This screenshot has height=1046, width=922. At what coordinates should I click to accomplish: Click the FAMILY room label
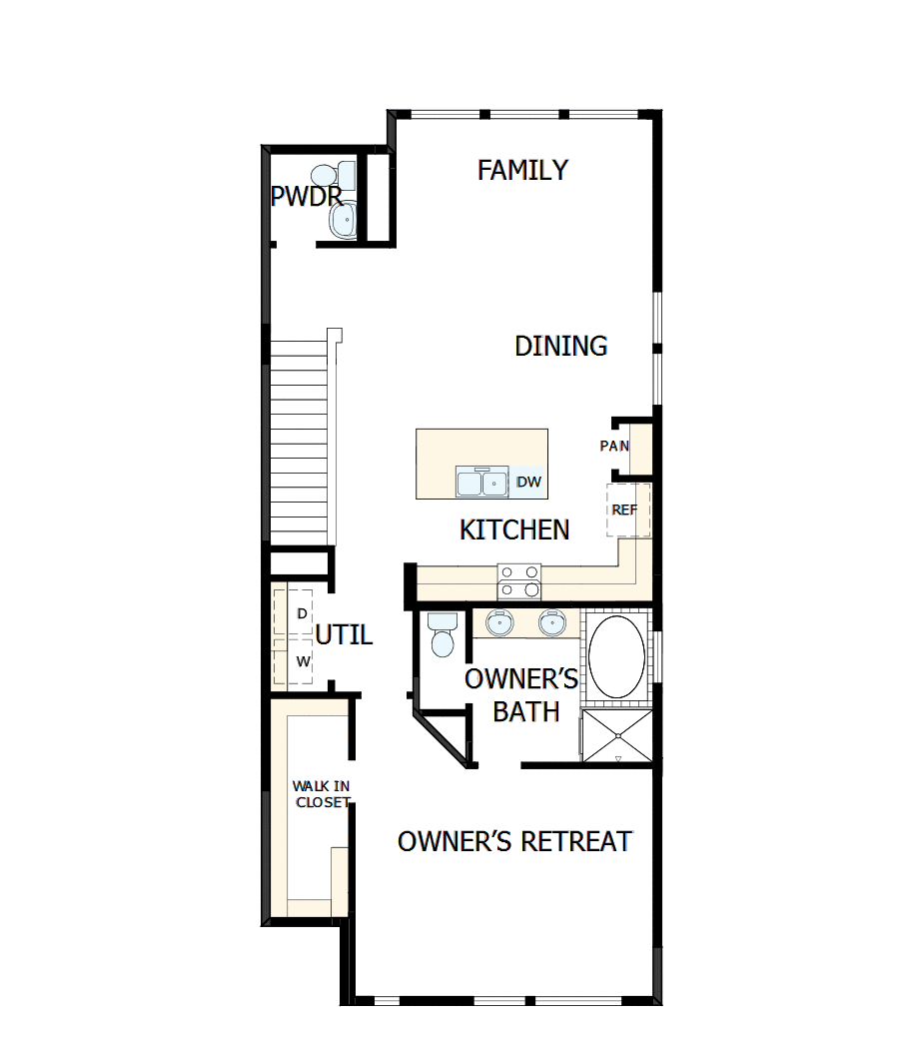[522, 170]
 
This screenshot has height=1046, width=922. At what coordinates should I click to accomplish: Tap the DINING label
[560, 346]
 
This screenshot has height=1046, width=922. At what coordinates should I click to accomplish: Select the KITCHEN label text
[514, 529]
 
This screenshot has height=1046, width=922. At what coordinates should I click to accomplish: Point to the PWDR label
[306, 196]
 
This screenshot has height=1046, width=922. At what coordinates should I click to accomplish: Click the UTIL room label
[344, 634]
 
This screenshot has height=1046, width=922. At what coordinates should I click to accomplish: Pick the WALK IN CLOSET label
[321, 794]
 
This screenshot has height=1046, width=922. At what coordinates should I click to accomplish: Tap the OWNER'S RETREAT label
[514, 841]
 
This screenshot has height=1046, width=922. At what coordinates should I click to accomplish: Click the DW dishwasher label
[528, 483]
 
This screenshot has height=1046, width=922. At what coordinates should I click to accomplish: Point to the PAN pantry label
[613, 446]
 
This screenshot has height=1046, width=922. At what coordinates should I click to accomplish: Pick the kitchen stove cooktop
[518, 580]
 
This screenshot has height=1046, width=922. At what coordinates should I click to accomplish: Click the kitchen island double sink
[481, 483]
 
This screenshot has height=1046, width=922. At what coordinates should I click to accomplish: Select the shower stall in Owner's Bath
[617, 737]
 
